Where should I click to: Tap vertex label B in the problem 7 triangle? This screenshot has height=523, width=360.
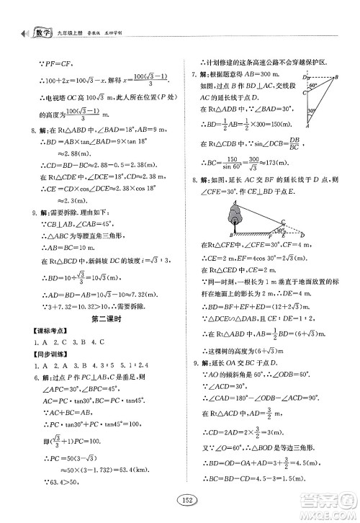point(336,76)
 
